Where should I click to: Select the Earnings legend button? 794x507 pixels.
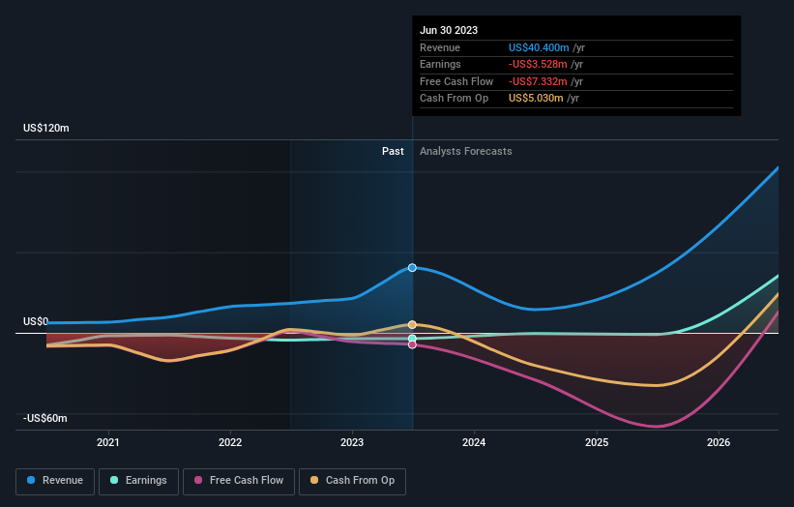(x=138, y=480)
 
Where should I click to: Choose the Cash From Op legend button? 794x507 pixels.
(x=352, y=480)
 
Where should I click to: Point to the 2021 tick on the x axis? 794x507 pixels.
(x=108, y=443)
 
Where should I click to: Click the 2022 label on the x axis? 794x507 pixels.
(x=230, y=443)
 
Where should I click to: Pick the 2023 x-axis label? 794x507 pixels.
(x=352, y=443)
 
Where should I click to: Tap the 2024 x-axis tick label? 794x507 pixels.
(x=474, y=443)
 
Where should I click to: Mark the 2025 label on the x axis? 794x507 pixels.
(x=597, y=443)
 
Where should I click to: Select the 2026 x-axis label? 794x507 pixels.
(x=719, y=443)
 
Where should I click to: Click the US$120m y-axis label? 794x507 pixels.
(x=46, y=128)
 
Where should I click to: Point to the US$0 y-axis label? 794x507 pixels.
(x=36, y=321)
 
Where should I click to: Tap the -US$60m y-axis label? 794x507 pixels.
(x=45, y=418)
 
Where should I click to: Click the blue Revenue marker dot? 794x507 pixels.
(x=412, y=267)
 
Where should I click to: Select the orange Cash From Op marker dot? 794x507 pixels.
(x=412, y=325)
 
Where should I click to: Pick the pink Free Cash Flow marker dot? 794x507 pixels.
(x=412, y=344)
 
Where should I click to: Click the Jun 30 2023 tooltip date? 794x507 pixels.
(x=449, y=31)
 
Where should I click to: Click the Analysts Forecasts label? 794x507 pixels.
(x=465, y=151)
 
